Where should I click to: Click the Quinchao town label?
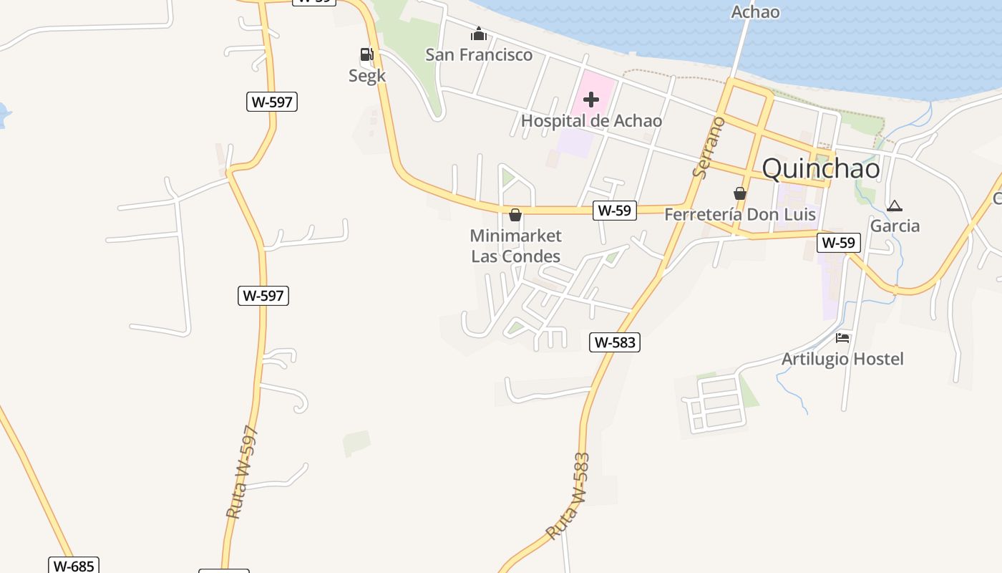point(821,168)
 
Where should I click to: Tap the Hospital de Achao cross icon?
point(591,100)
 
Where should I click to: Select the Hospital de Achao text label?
point(591,120)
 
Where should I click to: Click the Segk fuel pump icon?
point(366,54)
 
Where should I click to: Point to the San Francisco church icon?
point(478,34)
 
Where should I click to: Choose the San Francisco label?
point(479,54)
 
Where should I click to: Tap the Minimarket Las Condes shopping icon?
point(515,215)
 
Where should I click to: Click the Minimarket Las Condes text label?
point(515,246)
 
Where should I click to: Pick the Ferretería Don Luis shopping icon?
point(739,193)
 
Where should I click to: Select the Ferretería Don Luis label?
point(740,214)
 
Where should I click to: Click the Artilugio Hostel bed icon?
point(842,338)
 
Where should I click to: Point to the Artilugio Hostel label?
point(842,359)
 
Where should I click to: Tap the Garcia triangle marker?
point(894,206)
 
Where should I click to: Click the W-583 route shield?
point(615,342)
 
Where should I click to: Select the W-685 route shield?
point(74,566)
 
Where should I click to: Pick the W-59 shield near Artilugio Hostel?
point(838,242)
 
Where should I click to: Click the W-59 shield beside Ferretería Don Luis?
point(615,211)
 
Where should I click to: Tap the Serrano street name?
point(709,147)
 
